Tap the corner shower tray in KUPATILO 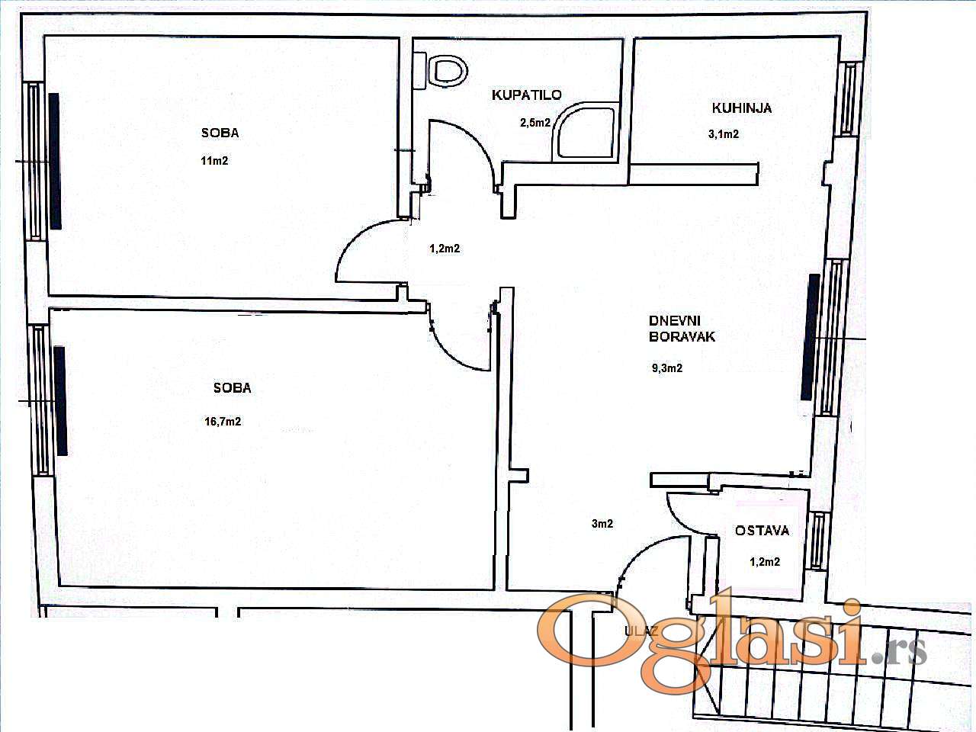pos(586,133)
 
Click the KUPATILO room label pos(526,95)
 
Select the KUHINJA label pos(742,108)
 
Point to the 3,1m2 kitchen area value pos(724,133)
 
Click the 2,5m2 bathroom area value pos(535,123)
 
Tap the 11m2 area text pos(214,160)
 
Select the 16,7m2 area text pos(223,421)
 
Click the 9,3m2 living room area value pos(667,368)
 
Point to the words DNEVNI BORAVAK pos(682,329)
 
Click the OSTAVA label pos(762,530)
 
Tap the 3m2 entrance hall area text pos(602,524)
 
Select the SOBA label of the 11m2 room pos(220,133)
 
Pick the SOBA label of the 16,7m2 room pos(232,388)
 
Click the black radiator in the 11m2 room pos(55,161)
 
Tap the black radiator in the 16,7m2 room pos(60,401)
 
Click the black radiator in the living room pos(810,338)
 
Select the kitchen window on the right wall pos(849,98)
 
